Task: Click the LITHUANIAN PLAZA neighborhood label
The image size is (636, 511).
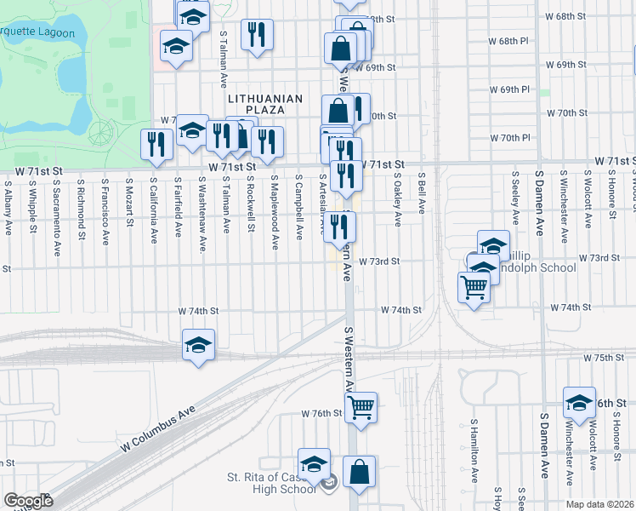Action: point(265,106)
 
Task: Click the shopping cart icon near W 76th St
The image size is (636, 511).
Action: point(361,408)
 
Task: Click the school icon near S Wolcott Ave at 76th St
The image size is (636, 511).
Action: point(579,403)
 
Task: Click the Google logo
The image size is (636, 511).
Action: point(28,501)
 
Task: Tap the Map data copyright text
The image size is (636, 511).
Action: point(600,504)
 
